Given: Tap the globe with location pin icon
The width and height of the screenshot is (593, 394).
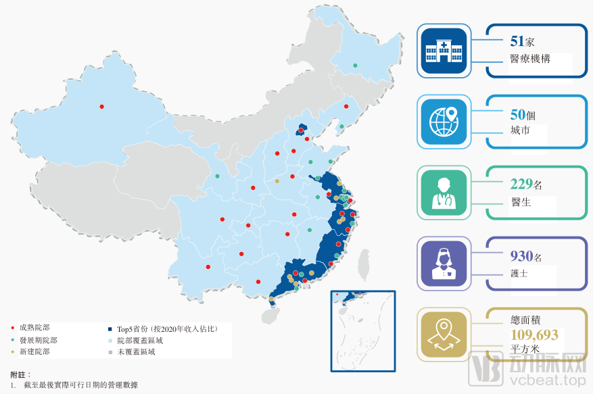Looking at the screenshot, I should pyautogui.click(x=443, y=122).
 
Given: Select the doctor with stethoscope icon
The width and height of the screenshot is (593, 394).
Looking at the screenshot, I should pyautogui.click(x=443, y=193).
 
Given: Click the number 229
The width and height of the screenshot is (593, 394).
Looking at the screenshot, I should pyautogui.click(x=521, y=184).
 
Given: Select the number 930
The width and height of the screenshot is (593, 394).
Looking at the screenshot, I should pyautogui.click(x=521, y=256).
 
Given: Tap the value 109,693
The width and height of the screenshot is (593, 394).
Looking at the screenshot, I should pyautogui.click(x=534, y=335).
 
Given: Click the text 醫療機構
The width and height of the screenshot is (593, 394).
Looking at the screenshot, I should pyautogui.click(x=530, y=59).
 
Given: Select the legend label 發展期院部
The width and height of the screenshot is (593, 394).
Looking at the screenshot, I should pyautogui.click(x=39, y=340).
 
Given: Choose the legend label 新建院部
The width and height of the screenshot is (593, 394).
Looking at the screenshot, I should pyautogui.click(x=34, y=351).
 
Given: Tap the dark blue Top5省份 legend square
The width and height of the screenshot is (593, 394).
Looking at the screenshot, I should pyautogui.click(x=110, y=328).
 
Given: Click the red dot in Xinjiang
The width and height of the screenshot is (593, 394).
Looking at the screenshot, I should pyautogui.click(x=101, y=106).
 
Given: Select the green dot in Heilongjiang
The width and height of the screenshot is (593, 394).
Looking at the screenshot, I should pyautogui.click(x=355, y=66).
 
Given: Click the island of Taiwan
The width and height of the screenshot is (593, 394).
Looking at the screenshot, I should pyautogui.click(x=364, y=264).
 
